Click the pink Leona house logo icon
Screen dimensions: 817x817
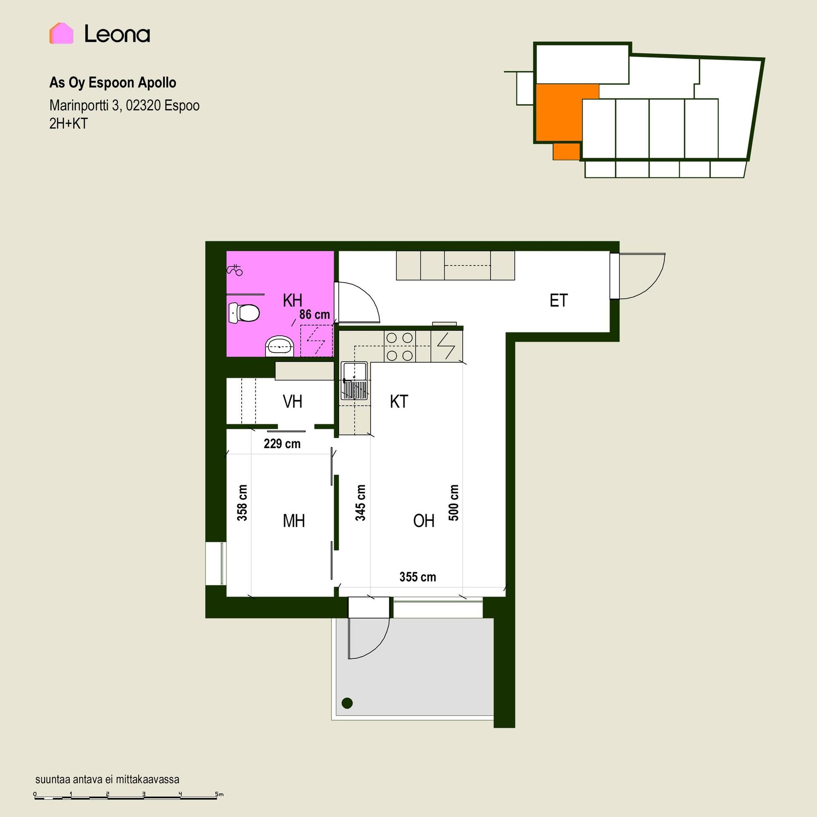tap(61, 33)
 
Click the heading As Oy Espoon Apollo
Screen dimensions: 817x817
tap(113, 83)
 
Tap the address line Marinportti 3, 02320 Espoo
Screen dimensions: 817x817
tap(124, 105)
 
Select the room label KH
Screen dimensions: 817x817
tap(292, 300)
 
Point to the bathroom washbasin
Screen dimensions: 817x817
tap(279, 346)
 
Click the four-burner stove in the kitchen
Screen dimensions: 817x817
tap(400, 347)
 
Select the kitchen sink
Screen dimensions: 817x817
tap(354, 381)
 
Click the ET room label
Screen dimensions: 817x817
tap(559, 300)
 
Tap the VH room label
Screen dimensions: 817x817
tap(292, 401)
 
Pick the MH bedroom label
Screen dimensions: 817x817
tap(294, 521)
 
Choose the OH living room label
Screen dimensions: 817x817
tap(424, 521)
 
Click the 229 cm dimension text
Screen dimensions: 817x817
tap(282, 444)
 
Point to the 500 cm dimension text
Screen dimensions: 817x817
tap(454, 503)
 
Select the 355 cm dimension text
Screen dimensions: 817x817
tap(418, 577)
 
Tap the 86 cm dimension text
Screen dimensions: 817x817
tap(314, 314)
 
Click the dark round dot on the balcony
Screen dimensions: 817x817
tap(347, 703)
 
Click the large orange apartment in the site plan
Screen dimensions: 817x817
tap(558, 113)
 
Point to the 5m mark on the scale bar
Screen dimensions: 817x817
tap(218, 794)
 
